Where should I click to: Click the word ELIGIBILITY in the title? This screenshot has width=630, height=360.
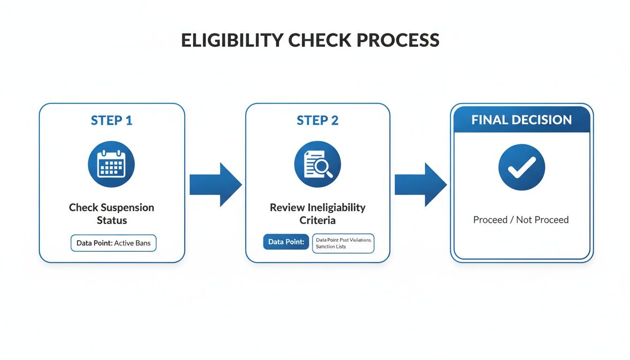click(232, 40)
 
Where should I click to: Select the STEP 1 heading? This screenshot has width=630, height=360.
click(112, 120)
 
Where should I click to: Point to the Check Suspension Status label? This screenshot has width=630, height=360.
click(112, 213)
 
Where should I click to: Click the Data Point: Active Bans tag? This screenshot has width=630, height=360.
click(113, 243)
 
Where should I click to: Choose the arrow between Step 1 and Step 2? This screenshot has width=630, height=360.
click(215, 185)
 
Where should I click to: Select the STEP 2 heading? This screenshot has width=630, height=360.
click(317, 120)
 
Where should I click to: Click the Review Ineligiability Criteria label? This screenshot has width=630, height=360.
click(317, 213)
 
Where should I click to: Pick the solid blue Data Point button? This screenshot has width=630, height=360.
click(286, 242)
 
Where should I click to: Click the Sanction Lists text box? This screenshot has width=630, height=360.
click(343, 243)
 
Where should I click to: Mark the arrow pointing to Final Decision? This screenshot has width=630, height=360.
click(420, 185)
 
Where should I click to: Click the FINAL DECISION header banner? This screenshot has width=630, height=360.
click(522, 120)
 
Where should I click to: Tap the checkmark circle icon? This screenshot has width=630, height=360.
click(521, 167)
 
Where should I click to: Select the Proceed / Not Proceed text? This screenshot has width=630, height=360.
click(521, 219)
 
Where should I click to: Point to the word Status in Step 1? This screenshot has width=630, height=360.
click(112, 220)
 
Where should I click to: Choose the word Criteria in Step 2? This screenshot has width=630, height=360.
click(317, 220)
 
